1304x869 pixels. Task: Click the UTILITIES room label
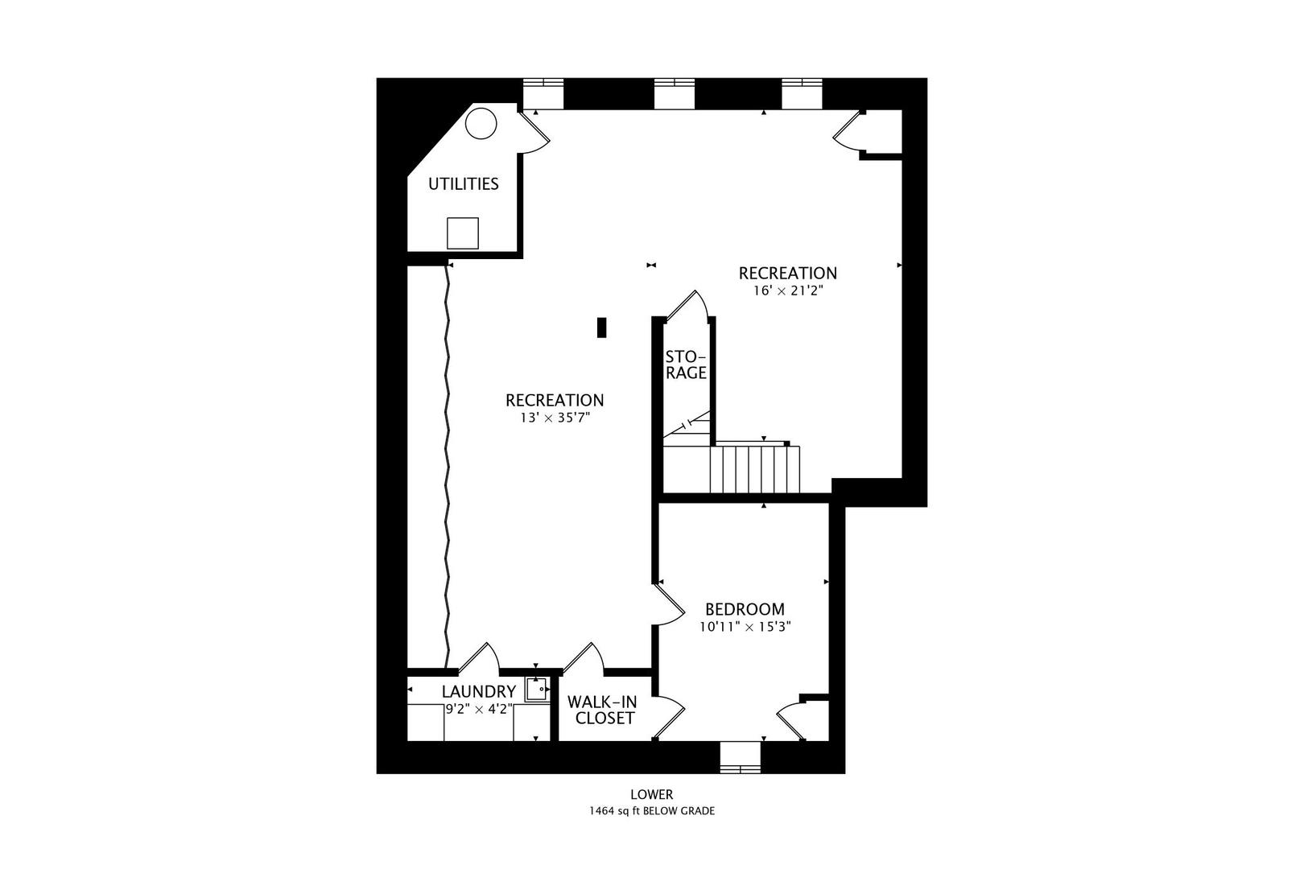463,183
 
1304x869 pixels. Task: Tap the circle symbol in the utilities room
481,123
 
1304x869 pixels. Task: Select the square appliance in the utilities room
463,233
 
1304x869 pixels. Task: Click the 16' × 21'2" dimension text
788,290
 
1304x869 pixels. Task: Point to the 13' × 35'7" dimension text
555,418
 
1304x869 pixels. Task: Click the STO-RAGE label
686,364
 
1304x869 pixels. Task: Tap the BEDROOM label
745,609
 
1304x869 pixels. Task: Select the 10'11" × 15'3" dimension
745,627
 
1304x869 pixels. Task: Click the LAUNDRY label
478,691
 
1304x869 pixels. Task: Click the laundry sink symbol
535,690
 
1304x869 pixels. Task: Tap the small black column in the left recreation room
600,327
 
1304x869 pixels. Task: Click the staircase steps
754,469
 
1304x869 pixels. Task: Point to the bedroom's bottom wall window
740,756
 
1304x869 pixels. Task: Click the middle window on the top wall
674,93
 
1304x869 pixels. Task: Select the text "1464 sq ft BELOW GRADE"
651,811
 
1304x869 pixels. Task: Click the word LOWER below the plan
651,795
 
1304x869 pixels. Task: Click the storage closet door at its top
688,305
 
